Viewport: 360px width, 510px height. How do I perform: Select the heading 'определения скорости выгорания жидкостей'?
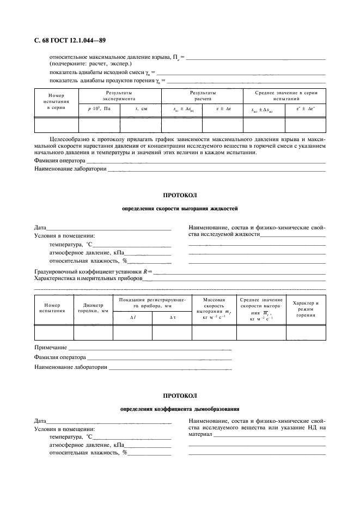pos(180,209)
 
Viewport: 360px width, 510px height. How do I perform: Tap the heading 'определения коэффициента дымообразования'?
pos(180,409)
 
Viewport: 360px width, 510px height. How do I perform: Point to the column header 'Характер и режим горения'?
pos(306,308)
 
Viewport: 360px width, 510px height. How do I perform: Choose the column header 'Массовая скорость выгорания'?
pos(214,308)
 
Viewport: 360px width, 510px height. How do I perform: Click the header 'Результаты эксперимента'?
pos(120,96)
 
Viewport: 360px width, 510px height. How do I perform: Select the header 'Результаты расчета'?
pos(203,96)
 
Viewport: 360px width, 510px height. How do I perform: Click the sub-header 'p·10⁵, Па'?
pos(100,109)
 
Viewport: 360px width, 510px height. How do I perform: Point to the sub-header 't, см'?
pos(141,109)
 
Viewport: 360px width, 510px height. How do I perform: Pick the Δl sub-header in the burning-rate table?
pos(132,317)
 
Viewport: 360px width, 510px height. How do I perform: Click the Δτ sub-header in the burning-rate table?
pos(172,317)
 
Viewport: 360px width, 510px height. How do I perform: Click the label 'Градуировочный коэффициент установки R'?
pos(92,270)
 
